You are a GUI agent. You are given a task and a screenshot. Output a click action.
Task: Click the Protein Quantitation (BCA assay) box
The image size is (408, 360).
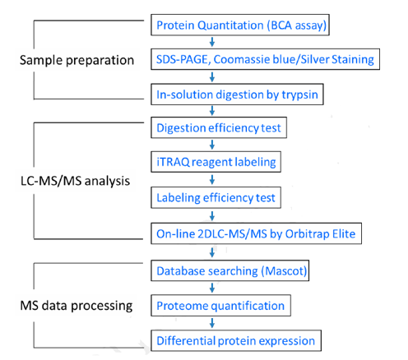pyautogui.click(x=240, y=25)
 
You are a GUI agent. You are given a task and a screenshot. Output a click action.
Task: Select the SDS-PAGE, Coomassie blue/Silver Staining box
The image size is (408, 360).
pyautogui.click(x=265, y=59)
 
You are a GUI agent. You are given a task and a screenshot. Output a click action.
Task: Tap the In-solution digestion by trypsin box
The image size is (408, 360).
pyautogui.click(x=237, y=95)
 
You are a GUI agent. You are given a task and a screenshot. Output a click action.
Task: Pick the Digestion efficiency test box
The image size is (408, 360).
pyautogui.click(x=219, y=127)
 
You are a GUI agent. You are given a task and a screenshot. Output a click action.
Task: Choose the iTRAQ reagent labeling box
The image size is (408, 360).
pyautogui.click(x=216, y=162)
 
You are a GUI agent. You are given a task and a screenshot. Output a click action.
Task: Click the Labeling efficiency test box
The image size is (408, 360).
pyautogui.click(x=216, y=197)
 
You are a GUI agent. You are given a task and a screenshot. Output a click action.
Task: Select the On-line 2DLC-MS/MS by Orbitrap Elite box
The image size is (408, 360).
pyautogui.click(x=256, y=233)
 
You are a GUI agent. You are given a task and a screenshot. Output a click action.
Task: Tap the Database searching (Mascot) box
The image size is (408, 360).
pyautogui.click(x=229, y=270)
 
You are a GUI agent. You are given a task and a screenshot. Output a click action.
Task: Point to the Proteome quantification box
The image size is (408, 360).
pyautogui.click(x=220, y=306)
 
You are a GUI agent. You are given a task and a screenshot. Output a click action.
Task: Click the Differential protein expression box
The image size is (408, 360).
pyautogui.click(x=236, y=340)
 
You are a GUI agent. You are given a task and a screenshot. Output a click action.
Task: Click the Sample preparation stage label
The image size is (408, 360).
pyautogui.click(x=76, y=60)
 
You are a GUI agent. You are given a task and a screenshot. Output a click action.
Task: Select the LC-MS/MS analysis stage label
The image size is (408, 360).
pyautogui.click(x=75, y=181)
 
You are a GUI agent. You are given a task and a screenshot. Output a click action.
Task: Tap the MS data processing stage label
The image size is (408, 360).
pyautogui.click(x=76, y=306)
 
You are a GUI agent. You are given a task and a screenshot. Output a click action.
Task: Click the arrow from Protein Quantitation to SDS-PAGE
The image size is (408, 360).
pyautogui.click(x=212, y=42)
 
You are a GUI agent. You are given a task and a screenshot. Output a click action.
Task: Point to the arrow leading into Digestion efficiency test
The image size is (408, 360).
pyautogui.click(x=212, y=111)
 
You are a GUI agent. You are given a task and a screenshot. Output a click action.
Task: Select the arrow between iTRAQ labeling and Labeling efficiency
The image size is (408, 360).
pyautogui.click(x=212, y=180)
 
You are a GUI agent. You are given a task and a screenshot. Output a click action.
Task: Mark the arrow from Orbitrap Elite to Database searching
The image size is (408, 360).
pyautogui.click(x=212, y=252)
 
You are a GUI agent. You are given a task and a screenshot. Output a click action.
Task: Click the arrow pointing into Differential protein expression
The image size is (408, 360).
pyautogui.click(x=212, y=323)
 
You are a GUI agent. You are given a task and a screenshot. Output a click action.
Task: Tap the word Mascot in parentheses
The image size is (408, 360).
pyautogui.click(x=284, y=271)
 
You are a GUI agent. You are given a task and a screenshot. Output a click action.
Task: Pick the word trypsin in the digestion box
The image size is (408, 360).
pyautogui.click(x=300, y=95)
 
